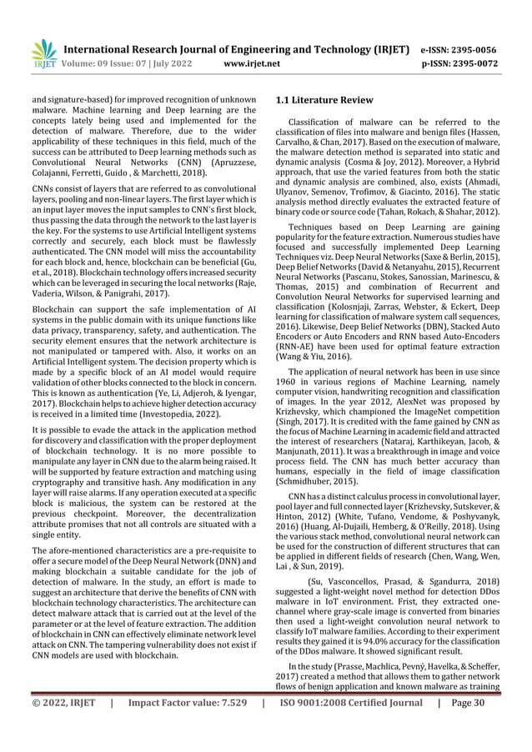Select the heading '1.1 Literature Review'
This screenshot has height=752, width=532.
pyautogui.click(x=324, y=101)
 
